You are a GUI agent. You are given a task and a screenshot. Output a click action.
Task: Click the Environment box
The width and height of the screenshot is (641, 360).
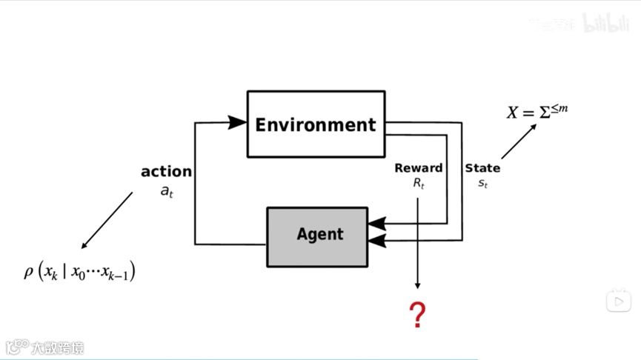[x=316, y=124]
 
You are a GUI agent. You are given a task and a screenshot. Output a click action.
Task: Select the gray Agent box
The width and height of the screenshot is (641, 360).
[x=317, y=236]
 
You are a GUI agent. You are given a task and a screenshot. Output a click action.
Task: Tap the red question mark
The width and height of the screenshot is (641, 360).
[x=418, y=316]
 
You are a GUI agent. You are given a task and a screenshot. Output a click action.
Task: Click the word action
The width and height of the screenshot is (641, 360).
[x=166, y=172]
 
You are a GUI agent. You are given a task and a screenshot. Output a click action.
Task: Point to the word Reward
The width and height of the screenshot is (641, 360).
[x=419, y=168]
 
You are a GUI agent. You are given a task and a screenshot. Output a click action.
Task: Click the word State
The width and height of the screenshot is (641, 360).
[x=482, y=168]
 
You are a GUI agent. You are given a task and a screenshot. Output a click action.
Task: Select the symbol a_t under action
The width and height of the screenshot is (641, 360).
[x=166, y=190]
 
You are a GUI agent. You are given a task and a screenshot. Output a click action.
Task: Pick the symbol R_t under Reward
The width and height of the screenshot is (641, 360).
[x=419, y=183]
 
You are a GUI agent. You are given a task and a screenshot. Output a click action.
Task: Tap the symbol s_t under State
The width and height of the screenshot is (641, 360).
[x=482, y=183]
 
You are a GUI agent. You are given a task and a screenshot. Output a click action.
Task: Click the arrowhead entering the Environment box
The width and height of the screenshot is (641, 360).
[x=237, y=122]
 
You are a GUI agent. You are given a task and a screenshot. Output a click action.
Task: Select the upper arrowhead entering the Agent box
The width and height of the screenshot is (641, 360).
[x=376, y=221]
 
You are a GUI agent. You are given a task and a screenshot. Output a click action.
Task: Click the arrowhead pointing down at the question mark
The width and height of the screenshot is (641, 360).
[x=418, y=285]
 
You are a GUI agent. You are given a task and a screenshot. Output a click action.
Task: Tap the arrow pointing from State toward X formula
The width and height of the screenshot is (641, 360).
[x=519, y=141]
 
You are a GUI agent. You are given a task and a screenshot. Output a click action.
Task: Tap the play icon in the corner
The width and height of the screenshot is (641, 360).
[x=619, y=301]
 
